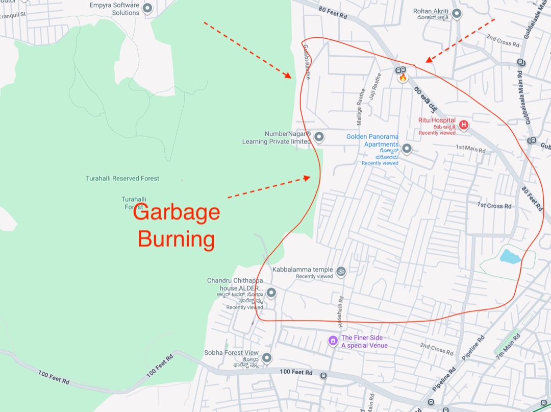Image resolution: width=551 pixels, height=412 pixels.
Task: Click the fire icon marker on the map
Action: [403, 78]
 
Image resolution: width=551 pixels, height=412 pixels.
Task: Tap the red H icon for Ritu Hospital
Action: [463, 125]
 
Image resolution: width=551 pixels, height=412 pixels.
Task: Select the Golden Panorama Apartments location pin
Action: [407, 149]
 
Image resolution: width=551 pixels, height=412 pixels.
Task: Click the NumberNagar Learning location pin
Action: [319, 137]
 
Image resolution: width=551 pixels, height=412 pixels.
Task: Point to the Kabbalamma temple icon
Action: [341, 271]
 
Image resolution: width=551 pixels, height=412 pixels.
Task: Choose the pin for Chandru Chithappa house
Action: [271, 293]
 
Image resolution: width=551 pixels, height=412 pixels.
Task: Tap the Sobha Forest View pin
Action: [265, 357]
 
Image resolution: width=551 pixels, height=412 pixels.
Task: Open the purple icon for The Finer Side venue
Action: [333, 340]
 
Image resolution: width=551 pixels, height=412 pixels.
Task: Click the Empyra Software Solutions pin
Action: [148, 8]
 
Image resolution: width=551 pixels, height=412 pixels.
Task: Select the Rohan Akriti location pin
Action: [457, 14]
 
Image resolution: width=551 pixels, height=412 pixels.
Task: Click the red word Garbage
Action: [177, 212]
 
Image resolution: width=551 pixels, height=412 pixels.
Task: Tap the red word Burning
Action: [177, 239]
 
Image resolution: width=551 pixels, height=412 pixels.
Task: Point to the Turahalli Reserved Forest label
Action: [122, 179]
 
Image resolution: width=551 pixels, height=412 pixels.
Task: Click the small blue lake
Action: [510, 256]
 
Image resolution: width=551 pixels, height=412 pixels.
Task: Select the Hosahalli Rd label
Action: [340, 312]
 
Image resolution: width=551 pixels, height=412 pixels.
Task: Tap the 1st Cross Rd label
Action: [494, 205]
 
